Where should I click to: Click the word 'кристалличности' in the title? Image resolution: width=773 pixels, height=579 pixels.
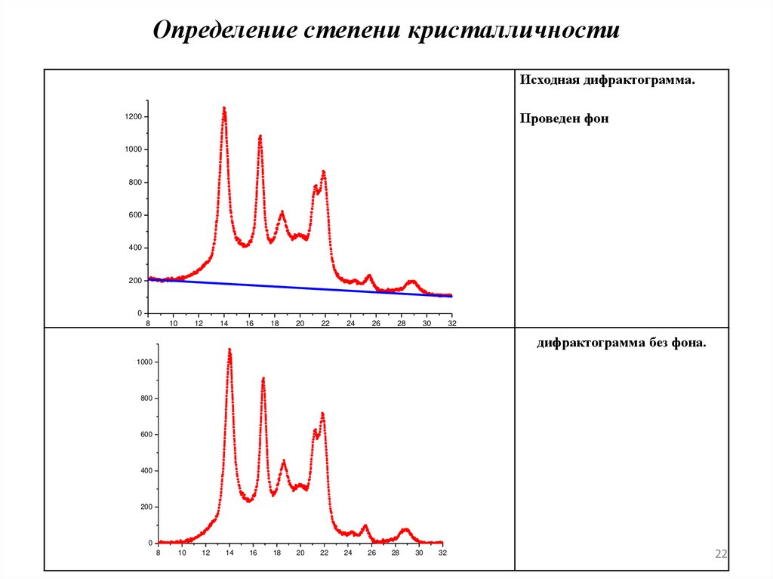point(514,30)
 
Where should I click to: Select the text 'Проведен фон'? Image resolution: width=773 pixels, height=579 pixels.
point(564,119)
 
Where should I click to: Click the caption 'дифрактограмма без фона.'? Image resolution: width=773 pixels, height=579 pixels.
point(622,343)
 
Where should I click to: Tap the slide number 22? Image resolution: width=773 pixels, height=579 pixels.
point(721,555)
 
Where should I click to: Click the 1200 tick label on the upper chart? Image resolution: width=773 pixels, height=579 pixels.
point(134,117)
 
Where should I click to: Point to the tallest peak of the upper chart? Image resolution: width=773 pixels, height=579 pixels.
point(224,109)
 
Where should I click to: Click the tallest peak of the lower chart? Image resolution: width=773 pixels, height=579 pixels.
point(229,350)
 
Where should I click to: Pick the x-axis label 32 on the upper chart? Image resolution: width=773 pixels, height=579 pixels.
point(451,323)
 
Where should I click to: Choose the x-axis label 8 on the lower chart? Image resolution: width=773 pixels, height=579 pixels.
point(158,553)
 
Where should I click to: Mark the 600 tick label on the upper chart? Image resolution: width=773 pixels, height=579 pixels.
point(136,215)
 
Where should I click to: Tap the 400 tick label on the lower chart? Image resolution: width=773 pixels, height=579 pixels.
point(146,471)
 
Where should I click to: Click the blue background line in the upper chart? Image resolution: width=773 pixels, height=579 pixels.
point(302,288)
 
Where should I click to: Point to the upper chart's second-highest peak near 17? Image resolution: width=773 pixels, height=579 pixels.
point(260,137)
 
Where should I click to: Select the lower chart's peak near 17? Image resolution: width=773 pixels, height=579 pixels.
point(263,379)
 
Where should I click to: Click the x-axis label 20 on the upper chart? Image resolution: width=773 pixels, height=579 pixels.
point(300,323)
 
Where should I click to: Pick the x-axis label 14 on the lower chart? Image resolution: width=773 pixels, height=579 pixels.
point(229,553)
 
